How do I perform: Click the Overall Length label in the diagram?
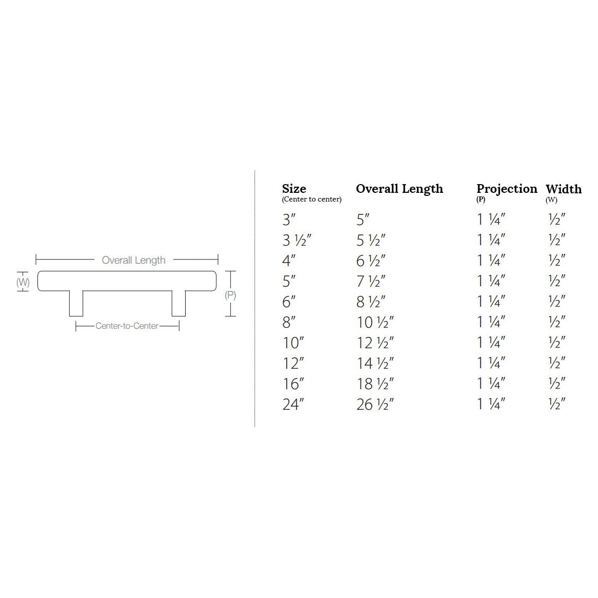pos(133,260)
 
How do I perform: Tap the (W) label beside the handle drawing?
pos(23,282)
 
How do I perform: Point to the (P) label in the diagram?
pos(230,295)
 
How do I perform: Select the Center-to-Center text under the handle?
pos(127,326)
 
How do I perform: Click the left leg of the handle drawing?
pos(76,304)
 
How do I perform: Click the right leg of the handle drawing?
pos(178,304)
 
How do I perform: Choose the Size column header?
pos(294,189)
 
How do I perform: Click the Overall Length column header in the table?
pos(399,189)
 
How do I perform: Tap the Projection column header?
pos(507,189)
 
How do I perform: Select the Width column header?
pos(563,189)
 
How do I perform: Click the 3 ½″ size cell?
pos(296,240)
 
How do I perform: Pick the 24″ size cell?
pos(293,404)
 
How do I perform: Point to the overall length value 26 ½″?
pos(374,404)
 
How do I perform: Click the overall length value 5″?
pos(363,220)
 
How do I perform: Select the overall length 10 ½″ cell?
pos(375,322)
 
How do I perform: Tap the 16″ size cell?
pos(293,384)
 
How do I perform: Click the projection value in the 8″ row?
pos(491,322)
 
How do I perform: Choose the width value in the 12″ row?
pos(556,363)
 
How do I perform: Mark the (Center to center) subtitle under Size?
pos(311,200)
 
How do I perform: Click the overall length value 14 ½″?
pos(375,363)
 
